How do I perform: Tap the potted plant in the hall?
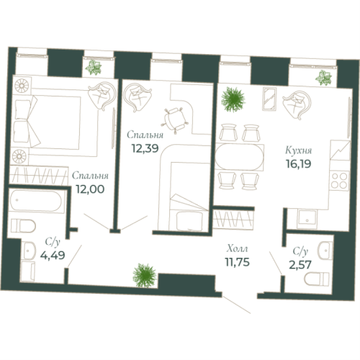coord(143,274)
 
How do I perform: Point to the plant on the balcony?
coord(94,67)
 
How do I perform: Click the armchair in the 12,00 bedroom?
coord(100,96)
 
